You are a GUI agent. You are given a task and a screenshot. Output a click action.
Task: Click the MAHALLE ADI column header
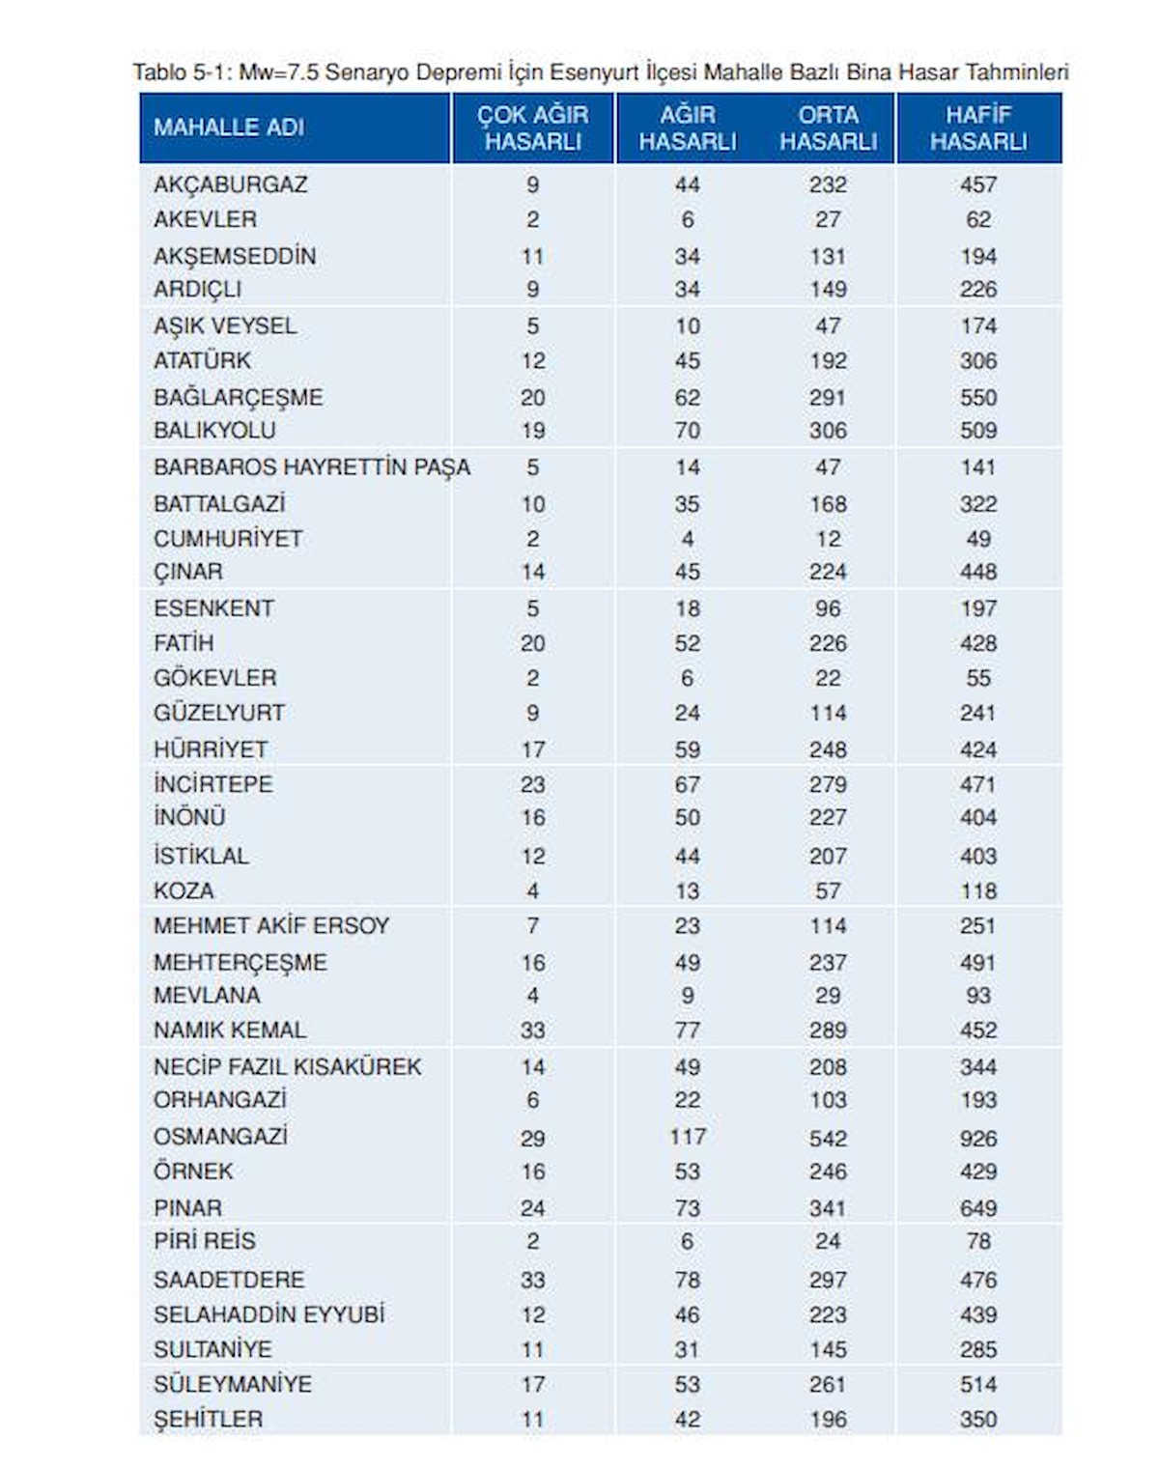[229, 127]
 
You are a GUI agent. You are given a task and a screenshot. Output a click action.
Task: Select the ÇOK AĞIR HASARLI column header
[532, 127]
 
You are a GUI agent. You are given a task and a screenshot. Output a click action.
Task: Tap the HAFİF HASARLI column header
[977, 127]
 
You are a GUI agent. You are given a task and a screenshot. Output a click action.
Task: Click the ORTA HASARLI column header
[828, 127]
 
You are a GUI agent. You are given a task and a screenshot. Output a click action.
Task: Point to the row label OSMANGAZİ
[220, 1137]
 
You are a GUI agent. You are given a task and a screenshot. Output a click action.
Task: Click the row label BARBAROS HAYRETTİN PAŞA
[311, 467]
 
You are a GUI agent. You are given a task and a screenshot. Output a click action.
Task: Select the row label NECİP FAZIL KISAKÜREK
[287, 1066]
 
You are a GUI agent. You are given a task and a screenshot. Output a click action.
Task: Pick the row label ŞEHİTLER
[208, 1419]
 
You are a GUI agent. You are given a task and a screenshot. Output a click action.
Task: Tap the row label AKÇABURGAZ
[230, 184]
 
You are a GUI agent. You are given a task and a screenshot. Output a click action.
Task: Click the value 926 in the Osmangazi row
[977, 1139]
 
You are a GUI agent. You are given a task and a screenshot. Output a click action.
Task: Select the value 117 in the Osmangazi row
[687, 1137]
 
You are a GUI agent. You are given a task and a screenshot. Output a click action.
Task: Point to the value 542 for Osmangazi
[828, 1139]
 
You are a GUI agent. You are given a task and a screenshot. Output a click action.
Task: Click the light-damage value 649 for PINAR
[977, 1208]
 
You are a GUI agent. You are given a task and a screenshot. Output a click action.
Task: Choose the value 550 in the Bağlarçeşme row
[977, 397]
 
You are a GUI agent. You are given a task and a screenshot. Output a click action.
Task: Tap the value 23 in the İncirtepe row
[532, 784]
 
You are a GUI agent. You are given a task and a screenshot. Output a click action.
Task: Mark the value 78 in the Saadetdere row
[687, 1280]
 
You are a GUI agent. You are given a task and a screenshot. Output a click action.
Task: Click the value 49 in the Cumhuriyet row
[977, 539]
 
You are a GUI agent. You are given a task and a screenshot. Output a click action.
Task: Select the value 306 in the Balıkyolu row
[828, 431]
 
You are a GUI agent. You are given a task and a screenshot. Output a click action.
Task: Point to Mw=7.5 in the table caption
[278, 72]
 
